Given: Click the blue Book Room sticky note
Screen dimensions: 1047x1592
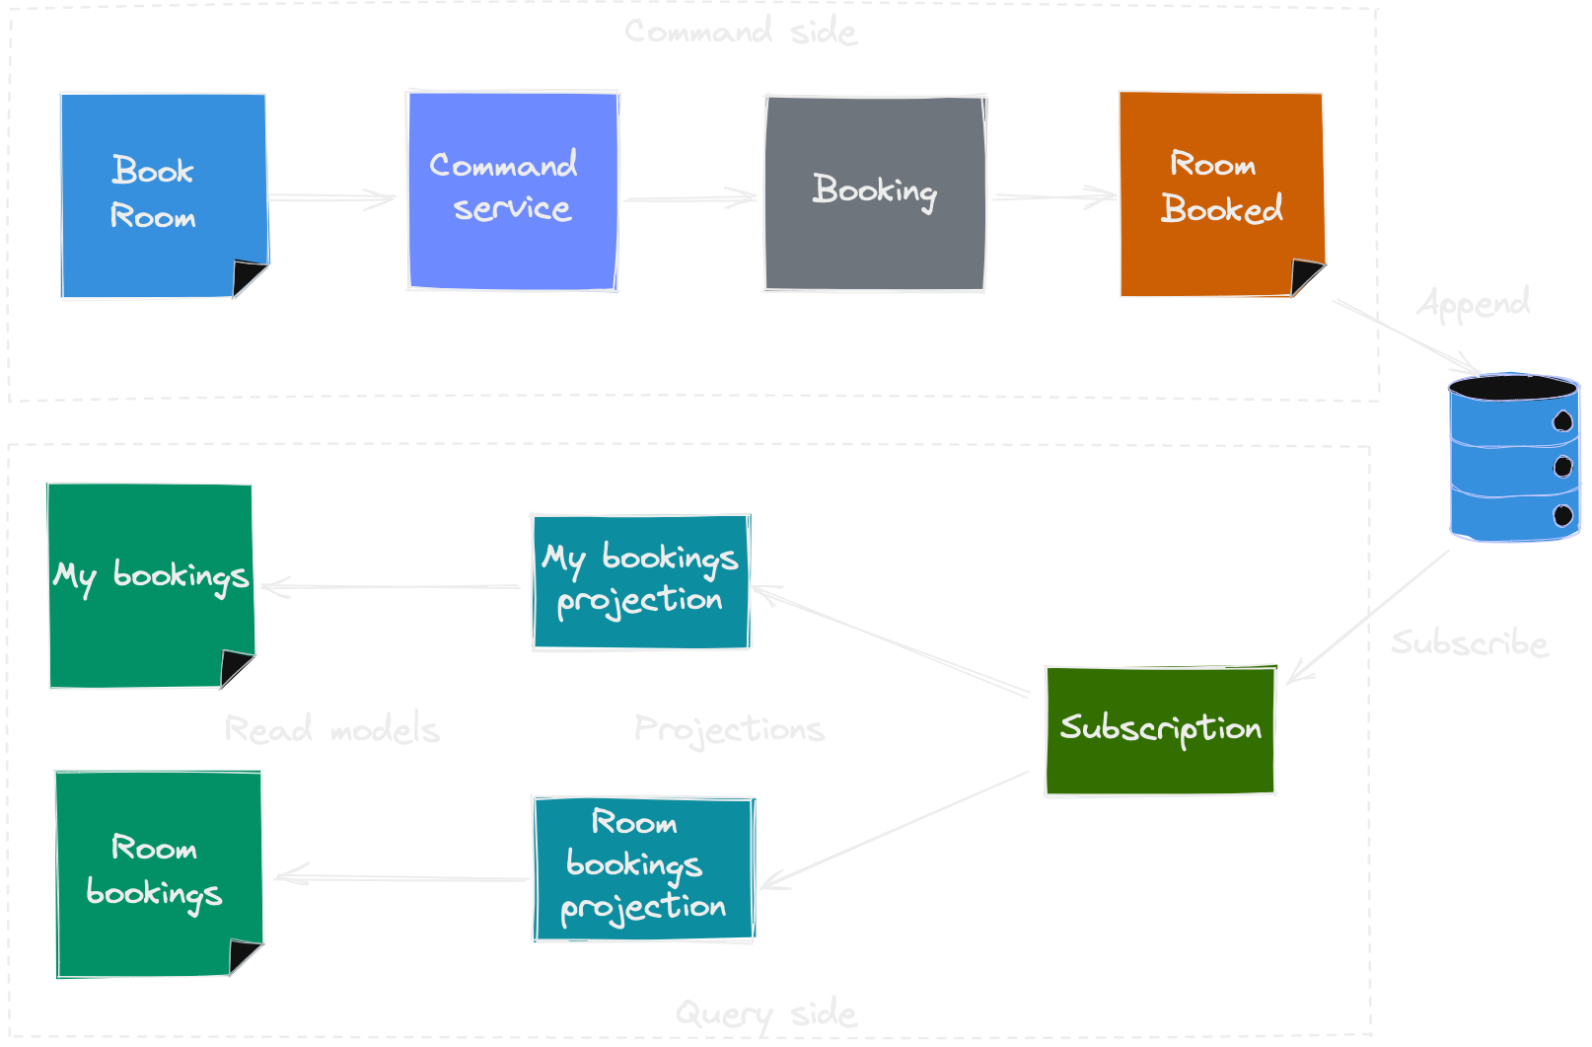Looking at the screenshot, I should click(x=163, y=195).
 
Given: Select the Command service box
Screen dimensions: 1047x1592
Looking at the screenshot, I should click(x=513, y=190).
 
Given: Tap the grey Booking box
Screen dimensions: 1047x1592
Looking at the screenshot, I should click(x=875, y=193).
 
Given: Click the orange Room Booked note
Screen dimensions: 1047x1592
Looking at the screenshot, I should click(x=1221, y=192).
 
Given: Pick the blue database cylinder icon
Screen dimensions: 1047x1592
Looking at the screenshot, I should click(x=1513, y=457).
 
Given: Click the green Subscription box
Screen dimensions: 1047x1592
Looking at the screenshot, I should click(x=1160, y=730).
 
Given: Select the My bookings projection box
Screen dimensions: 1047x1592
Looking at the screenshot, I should click(x=641, y=582).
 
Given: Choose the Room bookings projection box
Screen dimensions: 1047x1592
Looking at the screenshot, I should click(x=644, y=868).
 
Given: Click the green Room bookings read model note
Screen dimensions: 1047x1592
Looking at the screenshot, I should click(x=158, y=872).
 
